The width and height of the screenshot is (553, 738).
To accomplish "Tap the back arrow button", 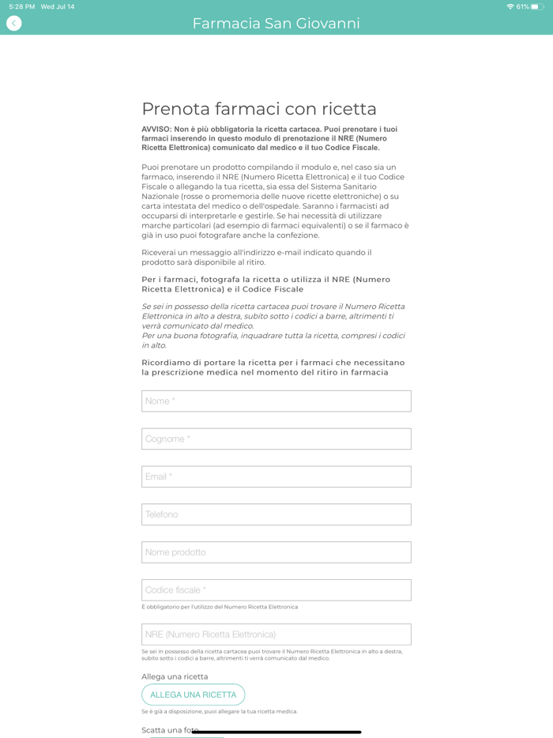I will click(13, 24).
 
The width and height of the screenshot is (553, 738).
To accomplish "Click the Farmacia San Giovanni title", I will click(276, 24).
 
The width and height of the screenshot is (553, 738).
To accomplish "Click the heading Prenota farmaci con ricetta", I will click(259, 109).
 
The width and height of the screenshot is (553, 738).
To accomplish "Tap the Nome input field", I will click(276, 401).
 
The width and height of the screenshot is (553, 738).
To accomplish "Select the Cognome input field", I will click(276, 439).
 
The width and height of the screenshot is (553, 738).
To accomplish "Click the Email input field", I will click(276, 476).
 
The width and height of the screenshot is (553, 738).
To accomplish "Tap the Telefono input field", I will click(276, 514).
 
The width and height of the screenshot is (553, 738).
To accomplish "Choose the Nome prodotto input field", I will click(276, 552).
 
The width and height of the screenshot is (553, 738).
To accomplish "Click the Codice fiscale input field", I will click(276, 590).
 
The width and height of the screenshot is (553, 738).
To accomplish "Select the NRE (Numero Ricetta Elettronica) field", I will click(276, 634).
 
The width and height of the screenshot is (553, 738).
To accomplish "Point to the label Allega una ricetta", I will click(175, 676).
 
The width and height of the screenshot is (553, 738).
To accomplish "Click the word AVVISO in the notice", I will click(156, 129).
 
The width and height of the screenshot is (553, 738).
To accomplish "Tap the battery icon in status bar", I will click(538, 7).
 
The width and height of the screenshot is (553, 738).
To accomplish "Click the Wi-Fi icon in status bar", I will click(510, 7).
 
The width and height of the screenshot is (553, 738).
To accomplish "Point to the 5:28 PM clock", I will click(22, 7).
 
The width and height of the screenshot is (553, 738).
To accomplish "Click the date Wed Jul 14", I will click(58, 7).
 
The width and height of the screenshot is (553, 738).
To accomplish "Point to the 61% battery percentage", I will click(523, 7).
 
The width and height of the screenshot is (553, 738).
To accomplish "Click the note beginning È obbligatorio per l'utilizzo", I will click(220, 607).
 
